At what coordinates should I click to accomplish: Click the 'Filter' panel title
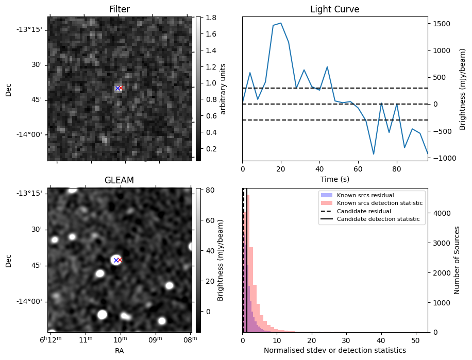point(120,9)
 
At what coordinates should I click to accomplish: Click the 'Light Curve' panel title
point(334,9)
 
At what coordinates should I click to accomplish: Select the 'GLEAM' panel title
point(119,180)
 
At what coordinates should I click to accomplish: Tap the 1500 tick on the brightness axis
point(441,24)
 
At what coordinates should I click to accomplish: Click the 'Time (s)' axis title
point(334,178)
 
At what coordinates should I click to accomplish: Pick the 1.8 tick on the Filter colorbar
point(207,18)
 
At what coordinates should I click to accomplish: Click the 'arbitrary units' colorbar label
point(223,89)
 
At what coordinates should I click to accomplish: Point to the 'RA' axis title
point(119,350)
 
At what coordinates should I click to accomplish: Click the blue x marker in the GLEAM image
point(115,260)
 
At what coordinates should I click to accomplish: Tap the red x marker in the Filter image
point(121,88)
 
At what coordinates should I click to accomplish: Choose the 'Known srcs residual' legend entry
point(365,195)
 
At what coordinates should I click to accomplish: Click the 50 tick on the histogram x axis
point(415,340)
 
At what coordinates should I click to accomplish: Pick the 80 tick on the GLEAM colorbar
point(207,190)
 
